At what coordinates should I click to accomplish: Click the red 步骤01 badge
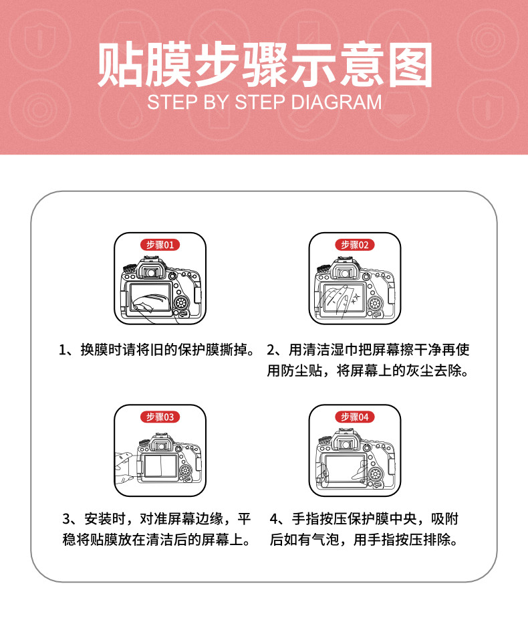pos(160,245)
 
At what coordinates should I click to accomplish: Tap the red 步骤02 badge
pos(355,245)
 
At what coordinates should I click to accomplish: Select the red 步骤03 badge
pos(160,417)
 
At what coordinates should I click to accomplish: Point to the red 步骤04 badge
pos(355,417)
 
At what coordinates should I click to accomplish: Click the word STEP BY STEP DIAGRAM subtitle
pos(265,102)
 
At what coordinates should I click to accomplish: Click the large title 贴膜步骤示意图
pos(265,65)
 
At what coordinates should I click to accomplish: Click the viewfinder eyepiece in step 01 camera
pos(150,272)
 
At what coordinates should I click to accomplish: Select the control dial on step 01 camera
pos(182,303)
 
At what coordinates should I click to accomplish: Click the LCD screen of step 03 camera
pos(160,466)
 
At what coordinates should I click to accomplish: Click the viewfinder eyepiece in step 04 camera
pos(346,444)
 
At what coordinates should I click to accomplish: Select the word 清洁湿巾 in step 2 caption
pos(330,350)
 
